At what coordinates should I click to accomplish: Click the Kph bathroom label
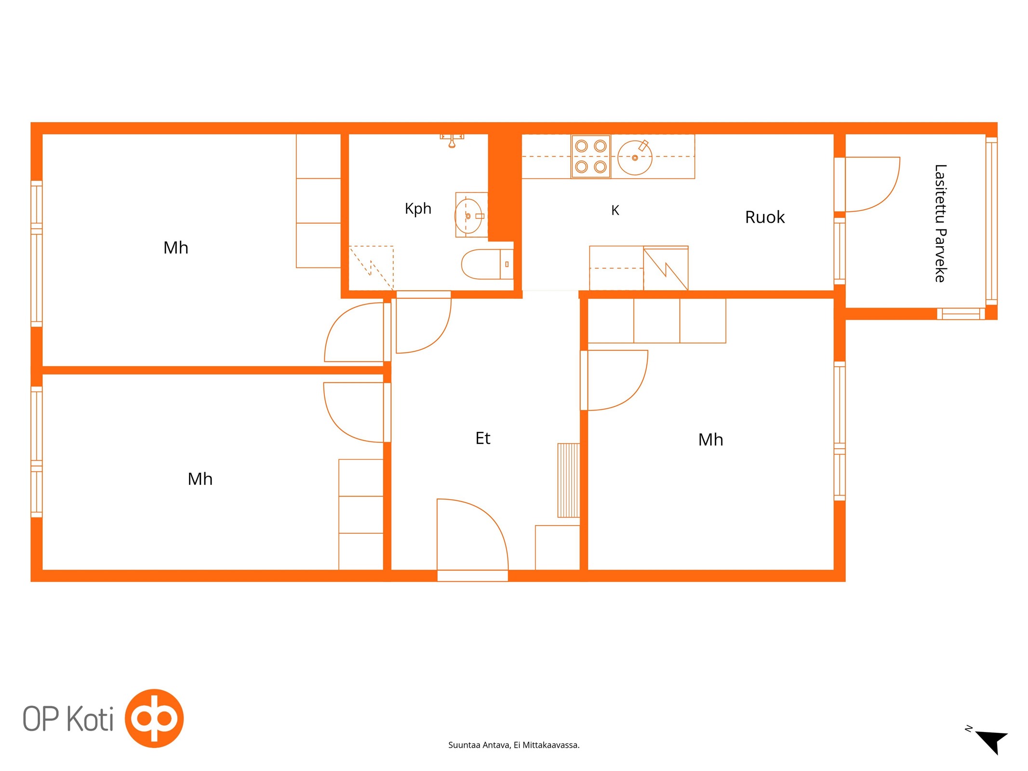click(418, 209)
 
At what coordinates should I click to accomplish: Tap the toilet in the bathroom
click(487, 264)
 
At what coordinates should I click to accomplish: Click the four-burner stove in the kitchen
click(591, 157)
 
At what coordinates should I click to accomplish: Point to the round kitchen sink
click(635, 158)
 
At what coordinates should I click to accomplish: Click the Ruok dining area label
click(765, 217)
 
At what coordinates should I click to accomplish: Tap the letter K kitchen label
click(615, 210)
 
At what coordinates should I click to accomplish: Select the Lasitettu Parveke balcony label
click(940, 223)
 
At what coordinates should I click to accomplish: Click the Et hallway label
click(482, 438)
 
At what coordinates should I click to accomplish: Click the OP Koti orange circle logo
click(154, 718)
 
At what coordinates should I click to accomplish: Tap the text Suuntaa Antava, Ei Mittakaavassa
click(514, 745)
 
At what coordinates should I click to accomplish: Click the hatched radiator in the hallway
click(569, 480)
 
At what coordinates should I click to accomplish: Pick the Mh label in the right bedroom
click(710, 439)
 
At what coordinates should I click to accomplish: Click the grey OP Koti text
click(68, 719)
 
